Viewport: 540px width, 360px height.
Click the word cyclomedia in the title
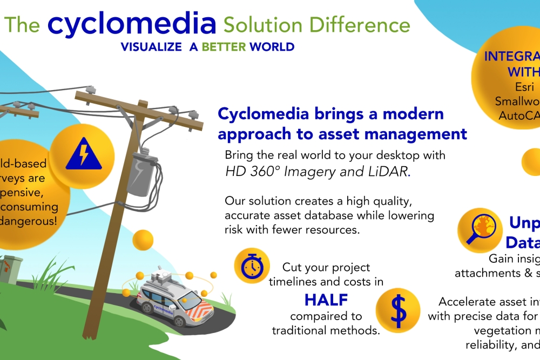pyautogui.click(x=132, y=24)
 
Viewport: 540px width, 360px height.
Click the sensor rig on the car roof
pyautogui.click(x=160, y=276)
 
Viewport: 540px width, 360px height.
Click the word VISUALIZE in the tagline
pyautogui.click(x=151, y=47)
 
